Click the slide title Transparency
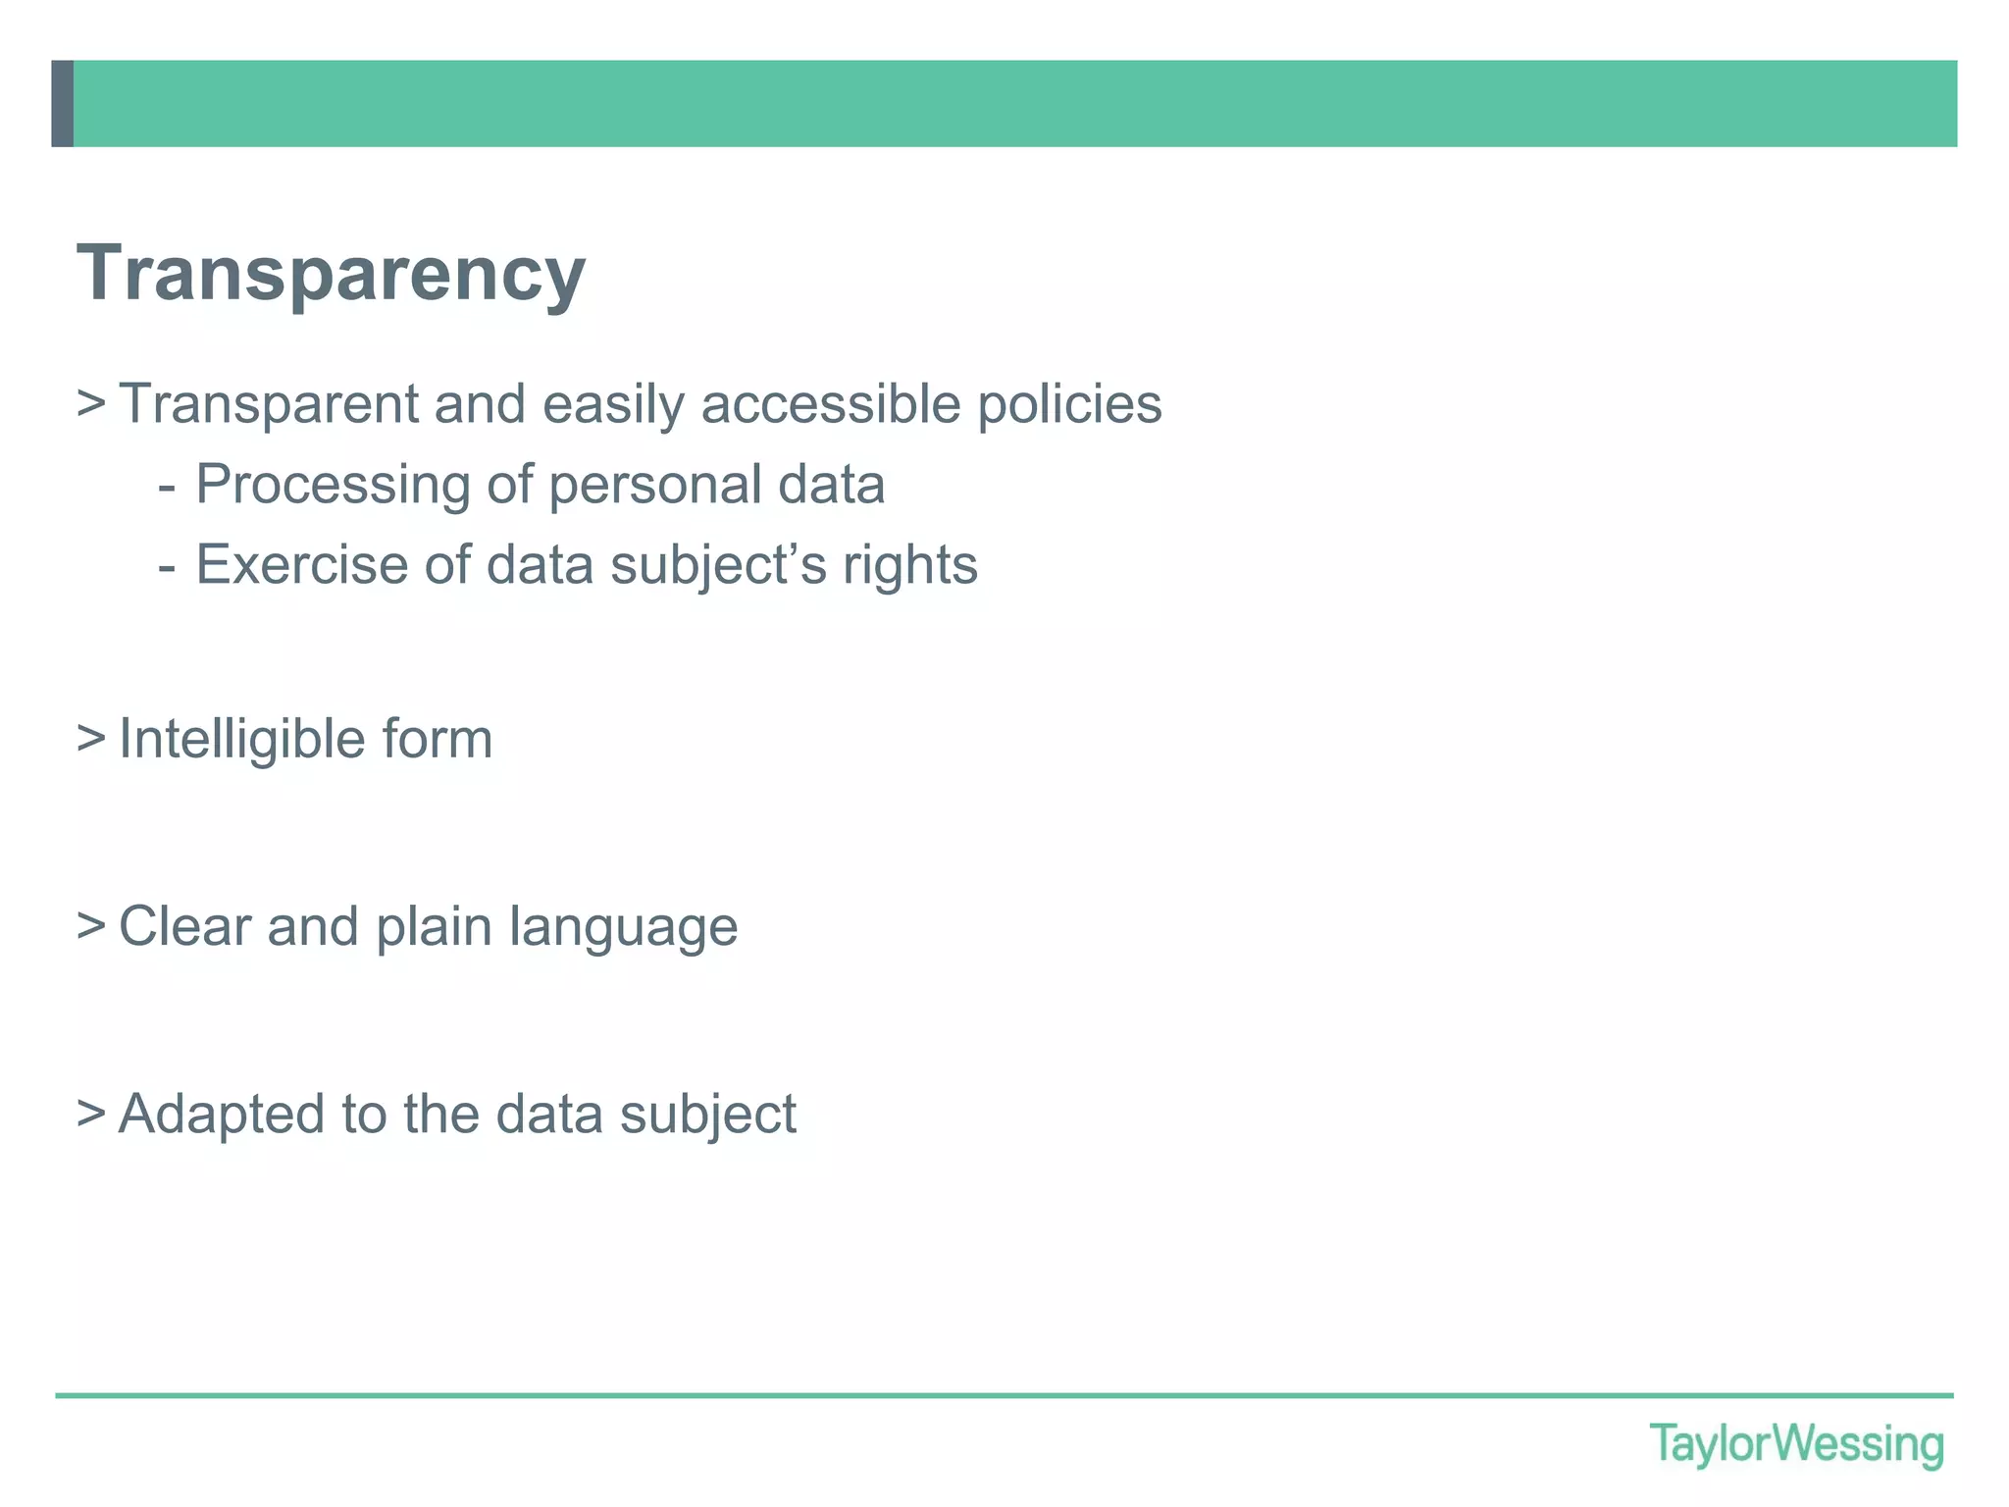coord(331,274)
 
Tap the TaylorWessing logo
coord(1795,1444)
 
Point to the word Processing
coord(333,485)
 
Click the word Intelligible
coord(241,739)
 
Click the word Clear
coord(184,926)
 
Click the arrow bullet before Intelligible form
coord(90,738)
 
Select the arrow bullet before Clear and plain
coord(90,925)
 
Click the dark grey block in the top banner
coord(62,103)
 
